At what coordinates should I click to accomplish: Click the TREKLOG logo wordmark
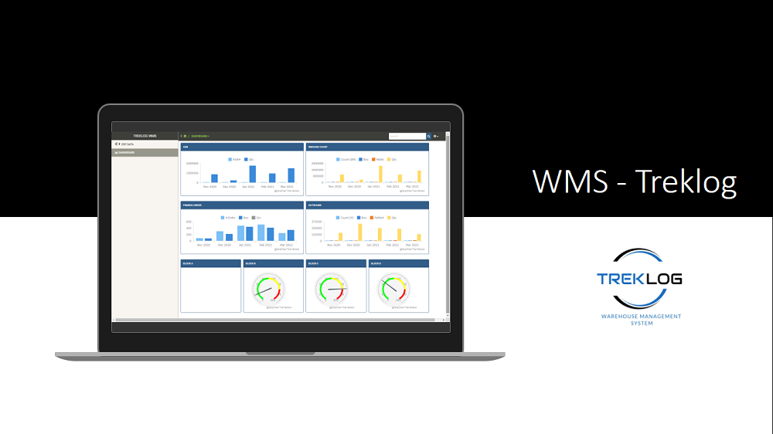point(639,279)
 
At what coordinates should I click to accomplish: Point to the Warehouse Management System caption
point(641,319)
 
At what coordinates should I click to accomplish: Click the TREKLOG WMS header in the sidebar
point(145,136)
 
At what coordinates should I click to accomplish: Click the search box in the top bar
point(407,136)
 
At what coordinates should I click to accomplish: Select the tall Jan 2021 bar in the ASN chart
point(252,174)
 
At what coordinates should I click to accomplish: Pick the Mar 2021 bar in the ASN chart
point(291,175)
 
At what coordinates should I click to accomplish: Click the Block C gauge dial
point(331,290)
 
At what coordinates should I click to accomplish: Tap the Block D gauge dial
point(393,290)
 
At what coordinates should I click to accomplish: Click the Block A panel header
point(211,263)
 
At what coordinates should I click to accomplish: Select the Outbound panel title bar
point(367,205)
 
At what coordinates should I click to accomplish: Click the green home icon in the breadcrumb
point(185,136)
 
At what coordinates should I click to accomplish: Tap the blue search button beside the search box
point(429,136)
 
